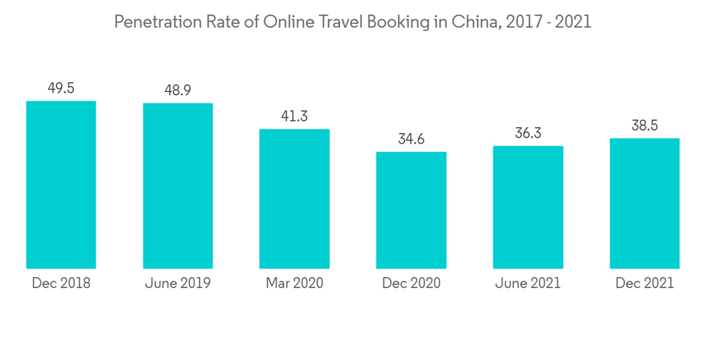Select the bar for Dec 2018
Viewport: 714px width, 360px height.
tap(61, 184)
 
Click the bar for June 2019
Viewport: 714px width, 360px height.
tap(178, 186)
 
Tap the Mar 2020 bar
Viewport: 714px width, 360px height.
tap(294, 199)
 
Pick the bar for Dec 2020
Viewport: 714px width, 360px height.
tap(411, 210)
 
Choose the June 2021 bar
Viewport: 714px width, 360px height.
tap(528, 207)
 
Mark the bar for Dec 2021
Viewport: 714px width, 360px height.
tap(645, 204)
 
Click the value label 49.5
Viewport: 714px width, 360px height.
tap(61, 89)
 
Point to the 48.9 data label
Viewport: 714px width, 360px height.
tap(178, 91)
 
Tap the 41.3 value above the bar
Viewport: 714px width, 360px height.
tap(294, 116)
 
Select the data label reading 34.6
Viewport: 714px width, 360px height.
tap(411, 139)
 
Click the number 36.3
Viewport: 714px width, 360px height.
tap(528, 134)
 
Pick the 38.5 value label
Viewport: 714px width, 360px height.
tap(645, 126)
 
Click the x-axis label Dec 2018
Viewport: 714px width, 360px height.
tap(61, 284)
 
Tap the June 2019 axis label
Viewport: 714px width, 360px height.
tap(178, 284)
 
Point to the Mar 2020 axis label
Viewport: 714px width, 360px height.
tap(294, 284)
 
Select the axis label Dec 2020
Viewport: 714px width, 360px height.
tap(411, 284)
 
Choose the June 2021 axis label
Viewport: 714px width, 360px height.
tap(528, 284)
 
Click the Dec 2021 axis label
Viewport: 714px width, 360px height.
tap(645, 284)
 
